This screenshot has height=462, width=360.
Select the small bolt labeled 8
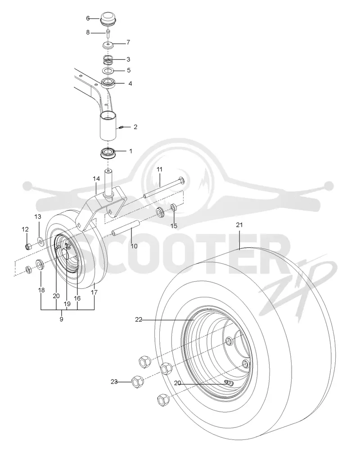coord(108,32)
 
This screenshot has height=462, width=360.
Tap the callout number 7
coord(128,42)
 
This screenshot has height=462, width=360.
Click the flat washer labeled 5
coord(108,71)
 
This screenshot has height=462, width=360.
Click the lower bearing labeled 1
coord(108,154)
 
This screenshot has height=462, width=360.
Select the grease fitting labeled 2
coord(121,127)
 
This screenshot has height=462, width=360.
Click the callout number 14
coord(96,179)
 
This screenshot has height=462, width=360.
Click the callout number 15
coord(174,226)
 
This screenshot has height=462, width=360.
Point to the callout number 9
coord(61,319)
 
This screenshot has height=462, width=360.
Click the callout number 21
coord(239,225)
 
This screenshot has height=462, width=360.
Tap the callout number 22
coord(139,319)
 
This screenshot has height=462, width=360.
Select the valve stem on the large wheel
coord(229,383)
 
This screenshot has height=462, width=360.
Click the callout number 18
coord(41,290)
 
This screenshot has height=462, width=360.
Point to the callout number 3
coord(128,59)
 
